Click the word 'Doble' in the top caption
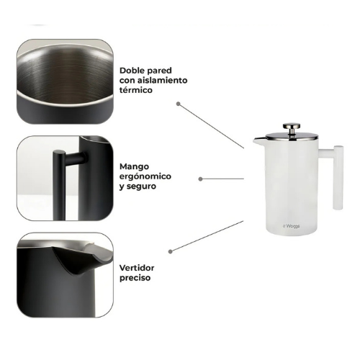[x=131, y=71]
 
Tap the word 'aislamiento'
[x=163, y=80]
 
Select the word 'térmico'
[x=136, y=90]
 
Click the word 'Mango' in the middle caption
[x=134, y=167]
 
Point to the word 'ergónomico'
[x=145, y=177]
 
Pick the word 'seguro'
[x=141, y=186]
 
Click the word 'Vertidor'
[x=137, y=268]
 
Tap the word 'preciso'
[x=135, y=278]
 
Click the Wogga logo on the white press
[x=292, y=226]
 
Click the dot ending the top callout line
[x=178, y=104]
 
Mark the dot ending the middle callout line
[x=201, y=179]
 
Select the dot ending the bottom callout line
[x=171, y=251]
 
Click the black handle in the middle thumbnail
[x=59, y=185]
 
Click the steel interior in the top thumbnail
[x=65, y=77]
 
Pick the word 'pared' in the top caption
[x=159, y=71]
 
